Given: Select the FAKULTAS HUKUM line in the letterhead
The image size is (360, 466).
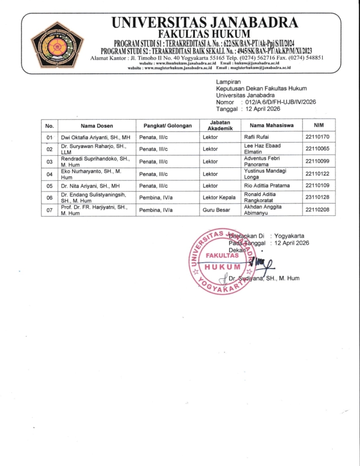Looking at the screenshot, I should pos(204,34).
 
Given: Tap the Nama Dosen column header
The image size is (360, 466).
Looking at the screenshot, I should pos(97,125).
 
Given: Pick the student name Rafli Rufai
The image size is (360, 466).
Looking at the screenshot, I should pos(256,137).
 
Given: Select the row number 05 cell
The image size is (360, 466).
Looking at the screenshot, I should pos(50,185).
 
